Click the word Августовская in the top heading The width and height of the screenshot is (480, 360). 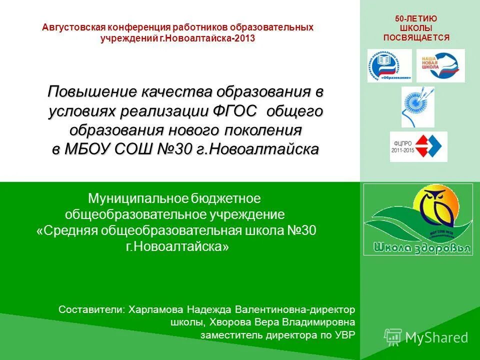coord(71,27)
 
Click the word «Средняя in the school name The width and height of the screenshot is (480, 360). coord(67,230)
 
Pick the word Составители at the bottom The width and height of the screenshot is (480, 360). coord(91,309)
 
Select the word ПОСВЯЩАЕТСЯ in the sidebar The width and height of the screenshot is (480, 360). coord(416,37)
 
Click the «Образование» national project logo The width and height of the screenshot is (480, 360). coord(389,65)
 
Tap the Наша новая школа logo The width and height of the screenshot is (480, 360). coord(440,65)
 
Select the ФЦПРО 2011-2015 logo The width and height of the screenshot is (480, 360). coord(418,146)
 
